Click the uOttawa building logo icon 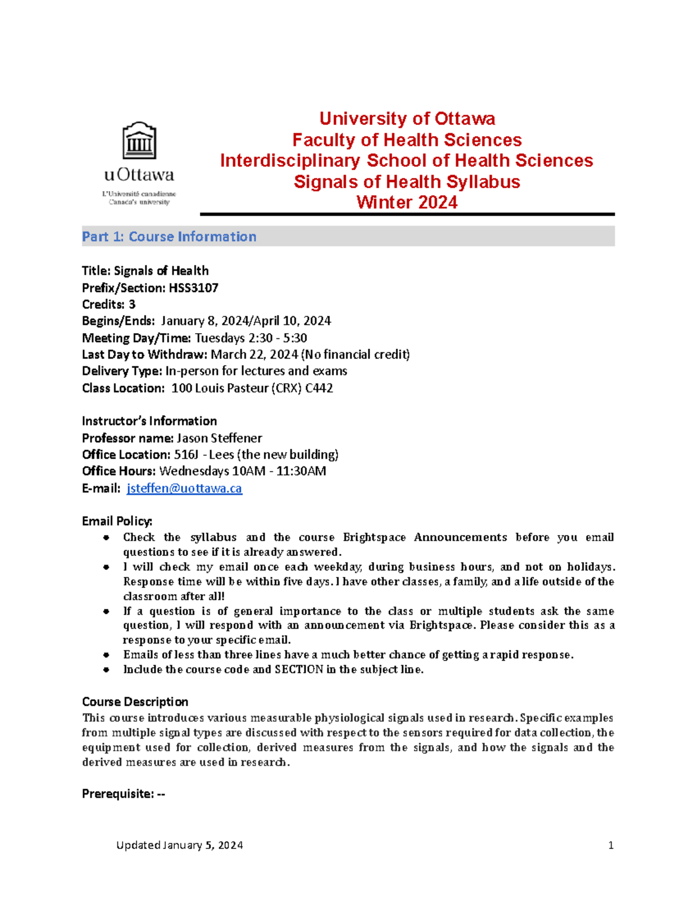coord(139,141)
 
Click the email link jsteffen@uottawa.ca coord(184,488)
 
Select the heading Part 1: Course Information coord(169,237)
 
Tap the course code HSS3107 coord(193,288)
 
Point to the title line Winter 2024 coord(407,202)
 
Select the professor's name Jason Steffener coord(220,438)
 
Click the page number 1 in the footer coord(610,845)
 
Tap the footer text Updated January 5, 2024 coord(179,845)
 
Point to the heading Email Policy coord(117,521)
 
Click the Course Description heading coord(135,702)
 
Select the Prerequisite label coord(118,794)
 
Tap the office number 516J coord(186,455)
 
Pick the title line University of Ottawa coord(407,119)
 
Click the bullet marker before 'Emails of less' coord(106,655)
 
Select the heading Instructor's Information coord(149,421)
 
